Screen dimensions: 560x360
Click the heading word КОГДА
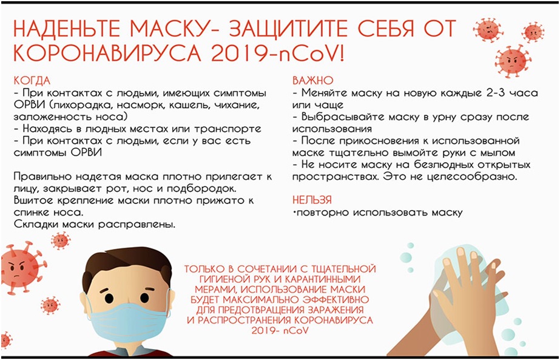(x=32, y=81)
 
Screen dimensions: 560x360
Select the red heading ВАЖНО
(x=312, y=80)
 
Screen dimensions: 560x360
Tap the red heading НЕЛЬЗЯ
(x=312, y=200)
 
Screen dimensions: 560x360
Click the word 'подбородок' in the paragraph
(x=205, y=188)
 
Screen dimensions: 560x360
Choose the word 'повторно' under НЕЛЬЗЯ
(x=323, y=212)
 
